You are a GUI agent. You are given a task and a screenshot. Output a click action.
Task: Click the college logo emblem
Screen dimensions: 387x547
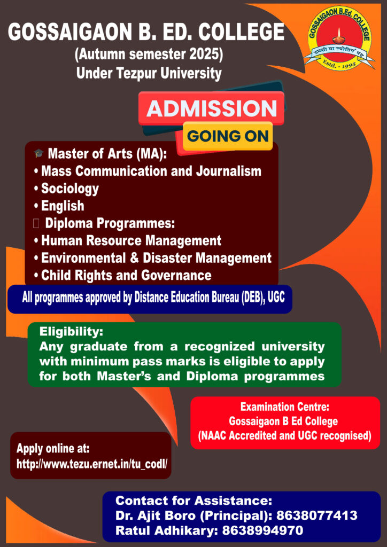click(339, 39)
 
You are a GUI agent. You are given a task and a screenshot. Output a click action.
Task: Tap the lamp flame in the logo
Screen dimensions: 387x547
click(338, 32)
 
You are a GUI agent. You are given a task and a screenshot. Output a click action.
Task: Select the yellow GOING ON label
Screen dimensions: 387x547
click(228, 136)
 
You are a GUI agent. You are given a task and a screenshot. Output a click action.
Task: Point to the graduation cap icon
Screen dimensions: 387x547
click(38, 153)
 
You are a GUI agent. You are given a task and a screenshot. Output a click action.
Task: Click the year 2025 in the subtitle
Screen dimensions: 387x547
click(203, 54)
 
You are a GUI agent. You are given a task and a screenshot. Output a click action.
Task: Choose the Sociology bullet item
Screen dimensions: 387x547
click(67, 189)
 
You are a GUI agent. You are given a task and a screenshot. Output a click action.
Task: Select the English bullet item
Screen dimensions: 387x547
click(59, 206)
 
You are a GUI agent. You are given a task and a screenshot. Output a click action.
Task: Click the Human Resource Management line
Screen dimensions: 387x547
click(128, 240)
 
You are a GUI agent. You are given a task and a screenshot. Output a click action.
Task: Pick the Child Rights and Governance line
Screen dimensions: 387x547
click(123, 275)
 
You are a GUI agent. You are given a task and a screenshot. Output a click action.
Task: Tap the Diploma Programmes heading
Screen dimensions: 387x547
click(110, 223)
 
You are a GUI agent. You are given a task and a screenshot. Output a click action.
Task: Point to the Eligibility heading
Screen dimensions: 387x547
click(71, 332)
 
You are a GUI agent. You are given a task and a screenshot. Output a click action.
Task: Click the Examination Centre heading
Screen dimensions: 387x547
click(285, 407)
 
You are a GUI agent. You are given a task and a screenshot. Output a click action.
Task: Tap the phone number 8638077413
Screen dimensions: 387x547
click(317, 515)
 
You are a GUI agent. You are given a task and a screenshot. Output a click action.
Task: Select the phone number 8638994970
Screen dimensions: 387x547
click(262, 530)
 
